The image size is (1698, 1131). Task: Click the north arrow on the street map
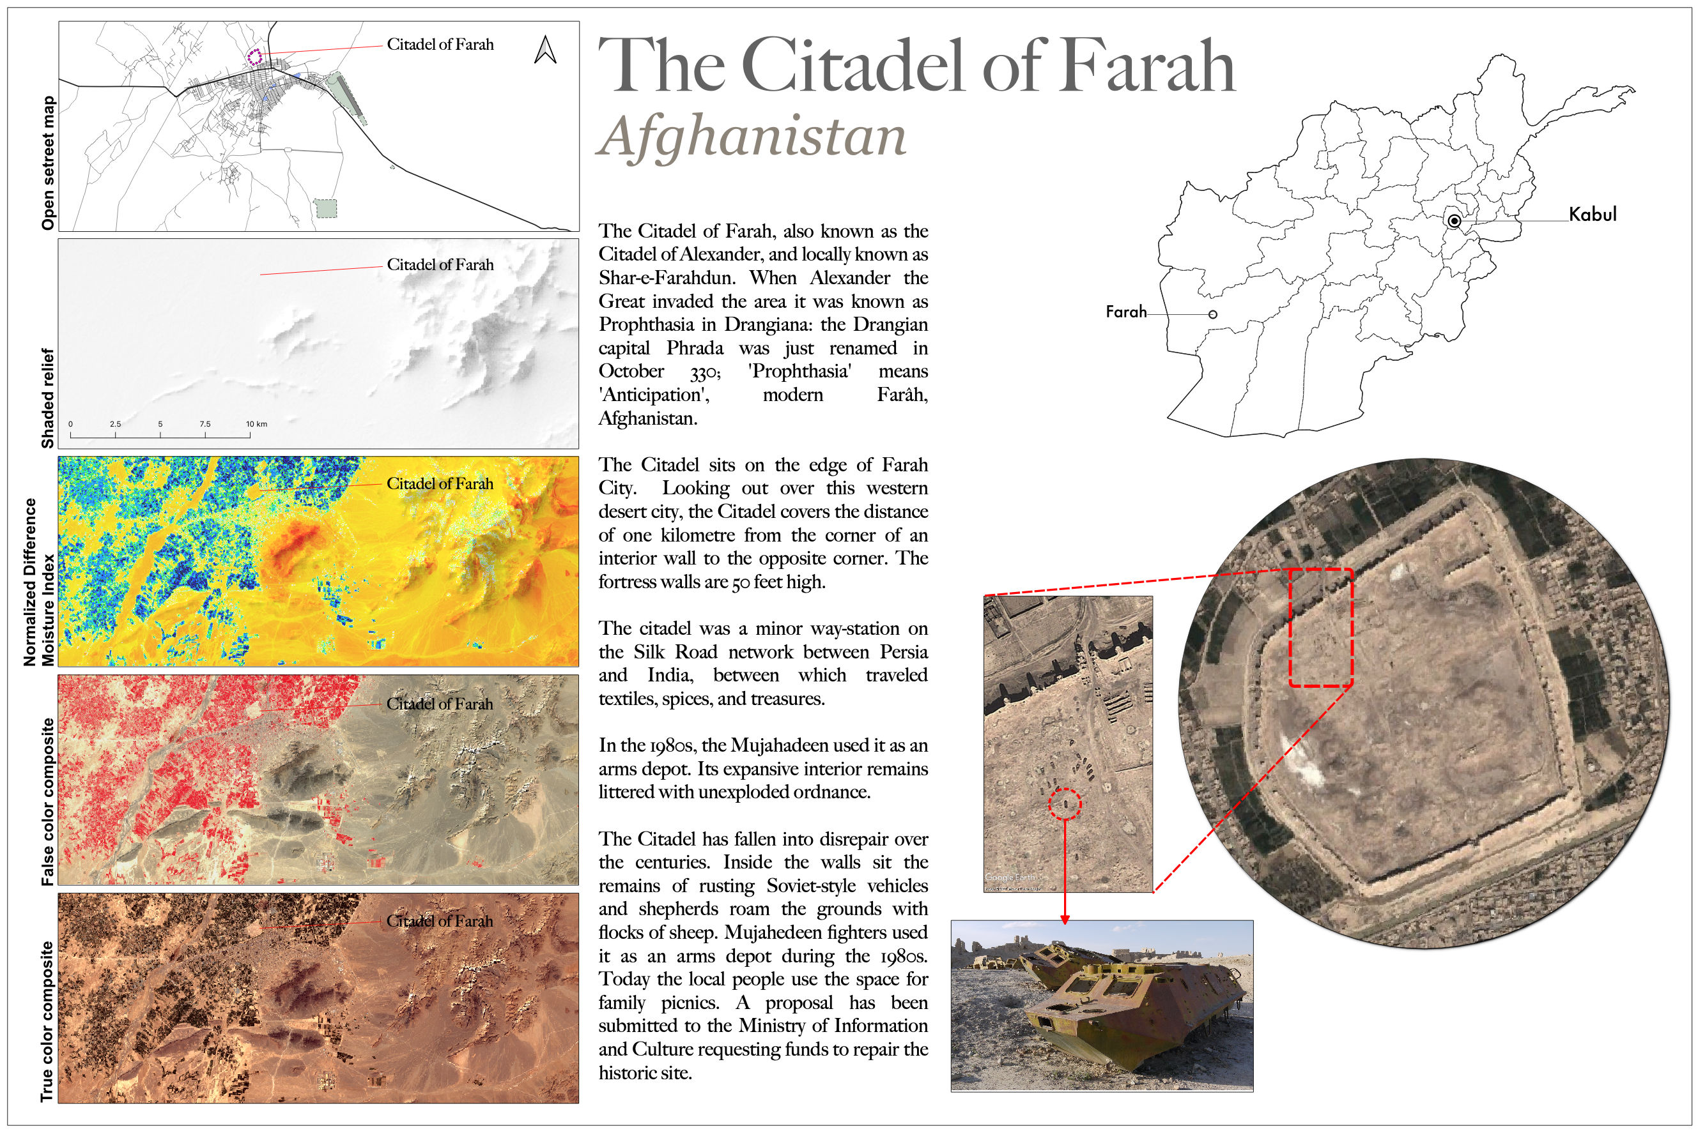[545, 50]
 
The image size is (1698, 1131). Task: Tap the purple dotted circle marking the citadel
[254, 57]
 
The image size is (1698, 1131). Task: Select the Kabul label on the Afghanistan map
[1593, 214]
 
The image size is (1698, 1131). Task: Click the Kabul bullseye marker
[1454, 221]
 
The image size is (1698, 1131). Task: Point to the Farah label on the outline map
[1126, 312]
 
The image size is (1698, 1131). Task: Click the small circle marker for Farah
[1212, 314]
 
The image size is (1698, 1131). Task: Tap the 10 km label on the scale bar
[256, 424]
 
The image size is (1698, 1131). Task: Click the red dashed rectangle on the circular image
[1320, 627]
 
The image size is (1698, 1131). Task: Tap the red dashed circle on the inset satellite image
[1065, 803]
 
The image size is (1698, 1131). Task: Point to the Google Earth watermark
[1010, 877]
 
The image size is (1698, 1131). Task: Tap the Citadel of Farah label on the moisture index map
[440, 483]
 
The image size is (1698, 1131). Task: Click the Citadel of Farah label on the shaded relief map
[440, 265]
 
